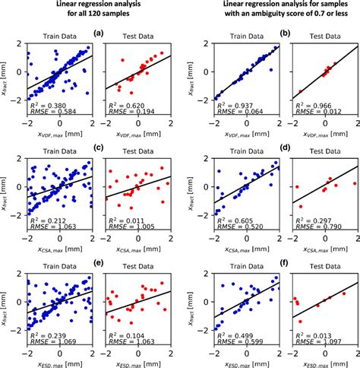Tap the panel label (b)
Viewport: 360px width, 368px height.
pos(287,34)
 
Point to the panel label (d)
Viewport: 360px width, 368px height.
pos(287,147)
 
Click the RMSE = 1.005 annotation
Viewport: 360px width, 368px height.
pos(124,227)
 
